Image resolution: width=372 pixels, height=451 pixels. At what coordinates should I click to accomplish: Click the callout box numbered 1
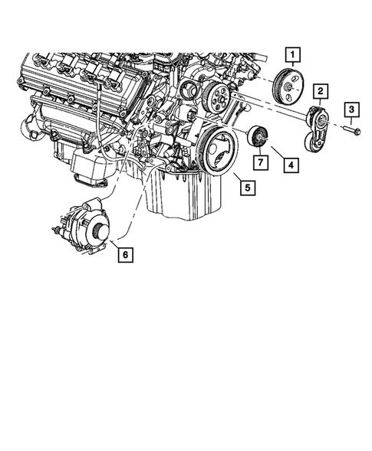point(295,54)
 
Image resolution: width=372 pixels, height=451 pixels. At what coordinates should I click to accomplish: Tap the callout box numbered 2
point(320,93)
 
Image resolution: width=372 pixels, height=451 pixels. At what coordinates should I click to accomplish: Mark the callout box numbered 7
point(260,162)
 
